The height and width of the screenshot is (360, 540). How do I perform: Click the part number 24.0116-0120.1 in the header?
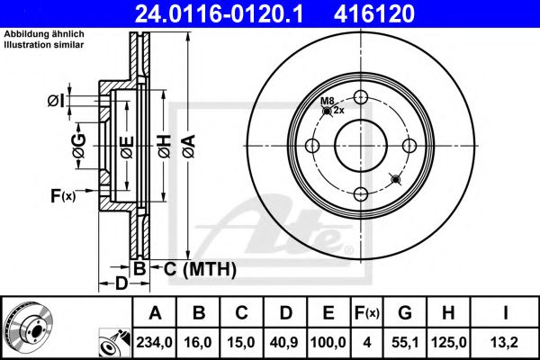219,13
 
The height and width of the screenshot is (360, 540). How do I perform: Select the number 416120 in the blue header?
374,13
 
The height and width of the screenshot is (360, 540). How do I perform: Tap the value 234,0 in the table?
154,342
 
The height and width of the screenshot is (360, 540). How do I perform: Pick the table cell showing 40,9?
285,342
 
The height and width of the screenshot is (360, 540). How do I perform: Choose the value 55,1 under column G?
405,342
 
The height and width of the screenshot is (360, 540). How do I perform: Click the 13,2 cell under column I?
505,342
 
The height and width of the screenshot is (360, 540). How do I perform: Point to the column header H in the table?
448,313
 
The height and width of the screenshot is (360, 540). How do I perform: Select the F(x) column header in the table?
367,313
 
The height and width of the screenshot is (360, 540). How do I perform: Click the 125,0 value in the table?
449,342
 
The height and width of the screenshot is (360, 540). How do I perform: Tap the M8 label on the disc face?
328,101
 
